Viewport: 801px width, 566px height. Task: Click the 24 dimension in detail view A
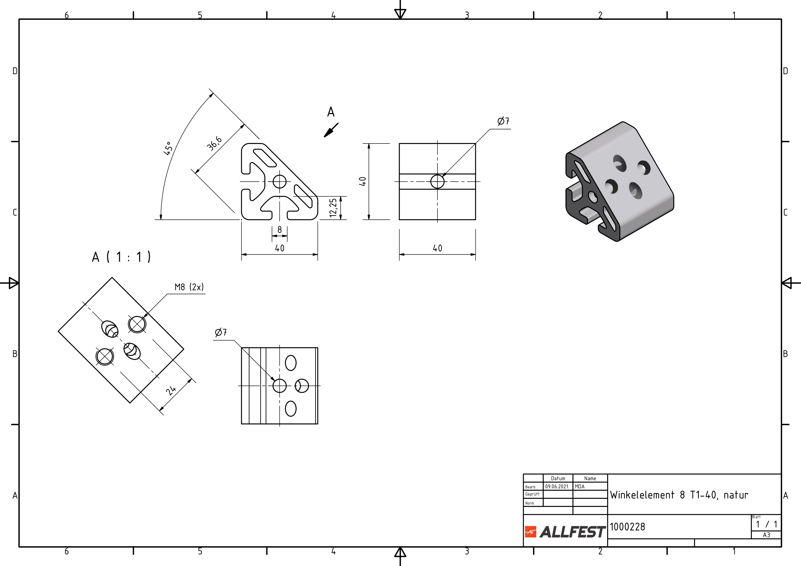[171, 390]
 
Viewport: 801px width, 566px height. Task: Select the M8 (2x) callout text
[189, 287]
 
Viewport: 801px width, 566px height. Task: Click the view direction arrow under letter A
[331, 130]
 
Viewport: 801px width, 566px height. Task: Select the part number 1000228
[627, 527]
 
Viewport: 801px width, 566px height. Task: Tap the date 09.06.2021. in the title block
[557, 486]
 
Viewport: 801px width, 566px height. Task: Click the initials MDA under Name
[580, 486]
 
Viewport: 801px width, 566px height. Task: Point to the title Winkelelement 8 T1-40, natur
[679, 495]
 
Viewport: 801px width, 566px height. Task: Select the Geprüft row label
[532, 494]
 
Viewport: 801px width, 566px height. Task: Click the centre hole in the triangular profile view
[279, 181]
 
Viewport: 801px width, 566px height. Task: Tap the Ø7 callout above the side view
[503, 121]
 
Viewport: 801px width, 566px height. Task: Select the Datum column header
[558, 478]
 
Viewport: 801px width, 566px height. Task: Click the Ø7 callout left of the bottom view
[221, 332]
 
